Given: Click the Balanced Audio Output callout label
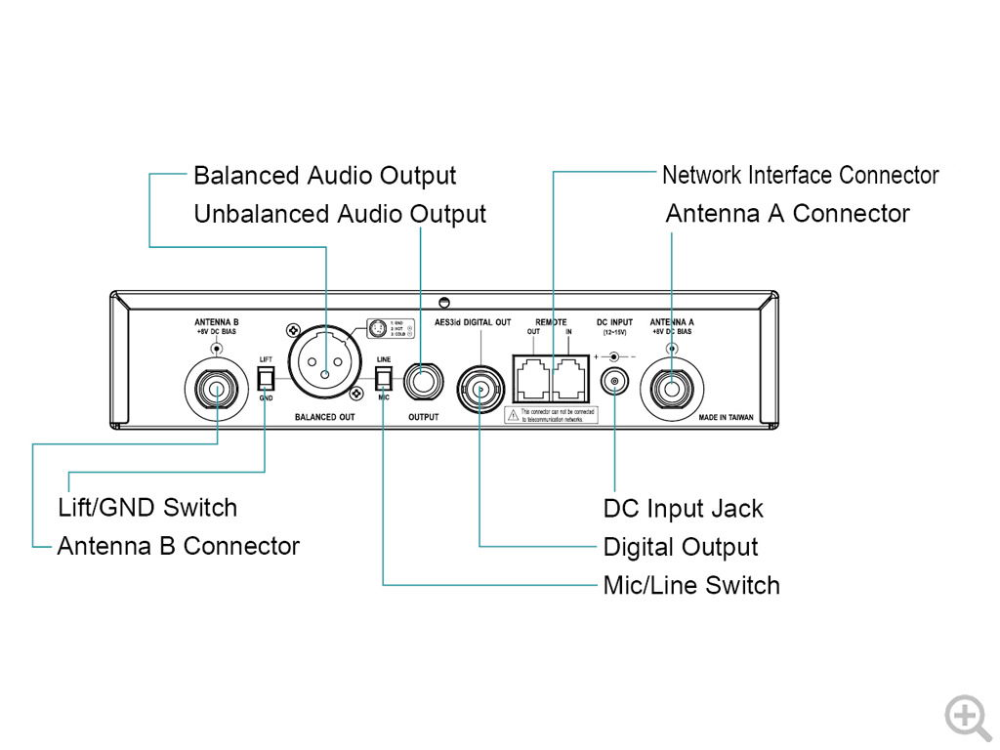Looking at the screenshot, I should point(324,176).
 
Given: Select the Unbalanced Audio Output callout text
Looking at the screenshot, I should point(339,214).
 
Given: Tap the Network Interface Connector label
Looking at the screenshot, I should point(800,176).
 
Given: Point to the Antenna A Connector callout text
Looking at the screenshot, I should point(787,214).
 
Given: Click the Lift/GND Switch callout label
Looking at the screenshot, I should point(147,508).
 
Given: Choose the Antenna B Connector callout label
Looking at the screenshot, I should point(178,546).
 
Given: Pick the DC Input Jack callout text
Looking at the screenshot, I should point(683,509).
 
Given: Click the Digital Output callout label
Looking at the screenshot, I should point(680,547).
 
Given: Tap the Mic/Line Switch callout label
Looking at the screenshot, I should point(691,586).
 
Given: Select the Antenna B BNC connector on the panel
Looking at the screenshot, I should point(215,388).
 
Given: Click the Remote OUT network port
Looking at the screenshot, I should point(530,376).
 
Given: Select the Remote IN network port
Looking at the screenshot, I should point(569,376).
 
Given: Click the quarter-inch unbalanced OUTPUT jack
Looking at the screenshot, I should point(423,380).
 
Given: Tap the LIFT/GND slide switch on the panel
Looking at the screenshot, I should point(266,377).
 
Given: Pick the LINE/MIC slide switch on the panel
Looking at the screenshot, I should point(383,377).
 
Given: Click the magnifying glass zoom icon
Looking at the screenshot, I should point(967,716).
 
